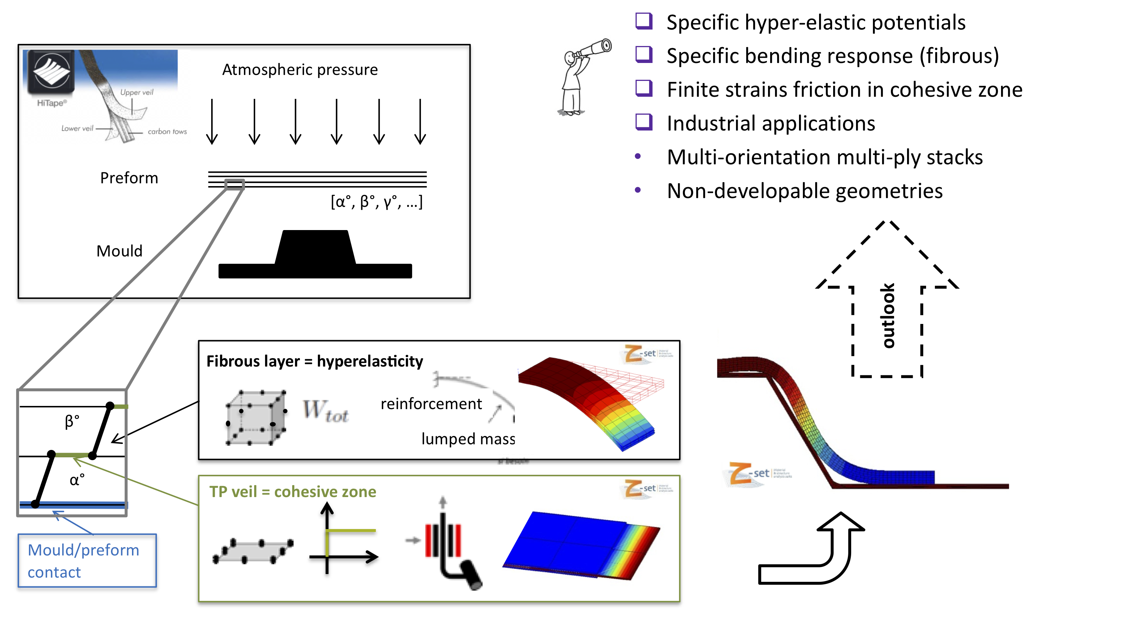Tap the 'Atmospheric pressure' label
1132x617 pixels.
[300, 70]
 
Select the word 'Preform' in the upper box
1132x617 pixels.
[129, 178]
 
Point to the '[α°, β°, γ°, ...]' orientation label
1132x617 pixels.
[376, 202]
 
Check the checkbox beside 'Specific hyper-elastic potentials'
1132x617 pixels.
[644, 21]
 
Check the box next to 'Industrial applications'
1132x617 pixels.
[644, 122]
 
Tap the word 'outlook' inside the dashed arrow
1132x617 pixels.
[888, 315]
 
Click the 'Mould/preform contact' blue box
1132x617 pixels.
[87, 560]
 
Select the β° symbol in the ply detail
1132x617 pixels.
[72, 421]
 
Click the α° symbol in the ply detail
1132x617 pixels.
[77, 479]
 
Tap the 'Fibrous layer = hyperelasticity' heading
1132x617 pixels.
[315, 361]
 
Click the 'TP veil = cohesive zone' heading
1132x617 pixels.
[293, 491]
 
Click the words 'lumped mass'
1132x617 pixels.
[468, 439]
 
